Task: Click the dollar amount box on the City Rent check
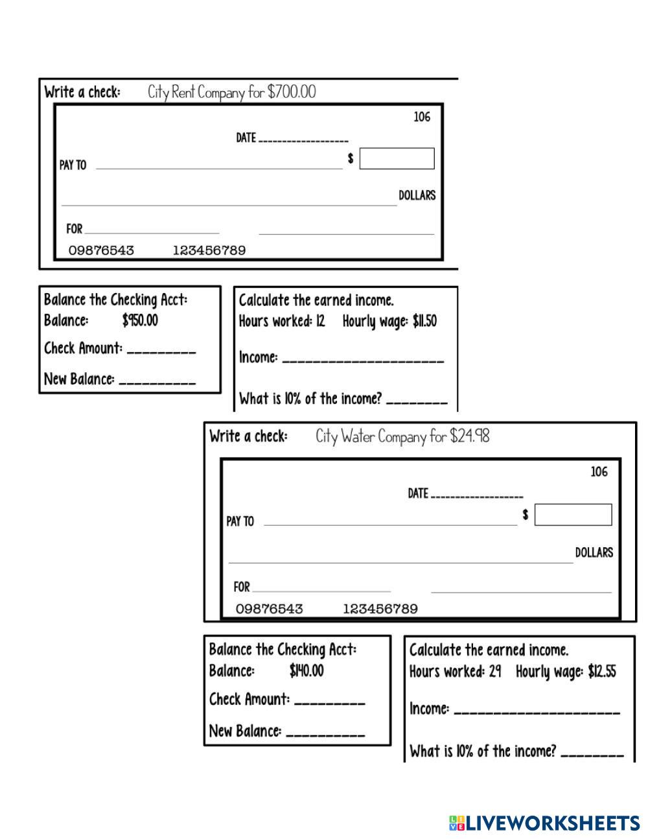pyautogui.click(x=397, y=159)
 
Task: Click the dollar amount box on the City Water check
pyautogui.click(x=573, y=515)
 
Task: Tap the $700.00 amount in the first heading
pyautogui.click(x=292, y=92)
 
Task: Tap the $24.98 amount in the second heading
pyautogui.click(x=469, y=436)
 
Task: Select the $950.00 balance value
pyautogui.click(x=140, y=320)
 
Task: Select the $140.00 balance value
pyautogui.click(x=307, y=670)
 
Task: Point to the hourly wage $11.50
pyautogui.click(x=424, y=321)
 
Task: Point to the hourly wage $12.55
pyautogui.click(x=602, y=672)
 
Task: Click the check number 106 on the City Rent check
pyautogui.click(x=422, y=117)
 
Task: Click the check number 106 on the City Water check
pyautogui.click(x=599, y=472)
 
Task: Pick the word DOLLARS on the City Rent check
pyautogui.click(x=417, y=195)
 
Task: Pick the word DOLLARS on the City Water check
pyautogui.click(x=594, y=552)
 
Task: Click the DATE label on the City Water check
pyautogui.click(x=418, y=493)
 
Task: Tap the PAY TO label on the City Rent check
pyautogui.click(x=73, y=165)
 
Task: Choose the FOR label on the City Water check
pyautogui.click(x=242, y=587)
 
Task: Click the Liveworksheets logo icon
pyautogui.click(x=456, y=823)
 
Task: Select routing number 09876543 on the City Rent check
pyautogui.click(x=101, y=250)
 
